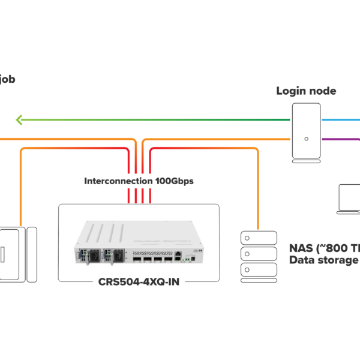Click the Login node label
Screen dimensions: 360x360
(x=306, y=91)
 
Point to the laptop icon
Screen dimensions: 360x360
(x=349, y=199)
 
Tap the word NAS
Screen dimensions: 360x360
(x=302, y=248)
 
